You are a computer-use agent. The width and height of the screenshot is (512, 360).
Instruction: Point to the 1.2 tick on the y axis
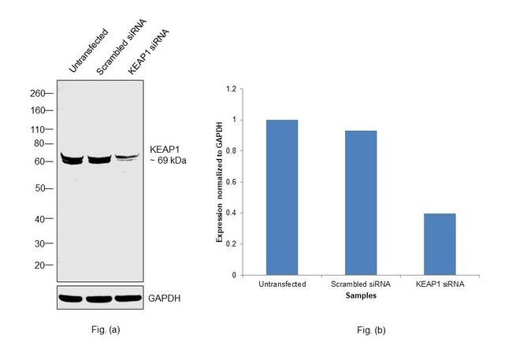click(x=232, y=89)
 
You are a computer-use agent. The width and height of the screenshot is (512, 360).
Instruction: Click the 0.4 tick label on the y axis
click(x=232, y=213)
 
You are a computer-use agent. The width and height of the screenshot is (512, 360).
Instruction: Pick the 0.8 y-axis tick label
click(x=232, y=151)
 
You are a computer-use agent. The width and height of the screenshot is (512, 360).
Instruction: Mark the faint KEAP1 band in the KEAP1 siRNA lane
click(x=128, y=158)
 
